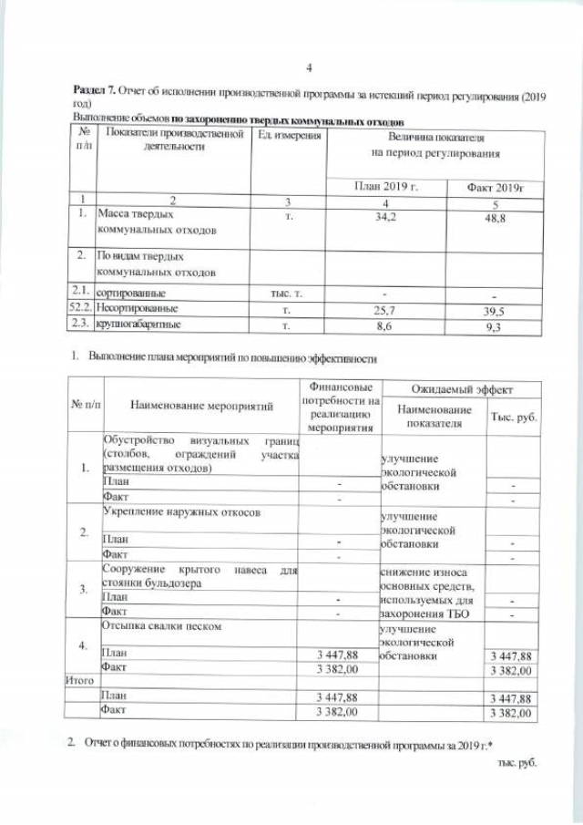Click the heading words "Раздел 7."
click(93, 96)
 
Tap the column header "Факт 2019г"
click(495, 187)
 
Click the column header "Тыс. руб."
click(515, 416)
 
